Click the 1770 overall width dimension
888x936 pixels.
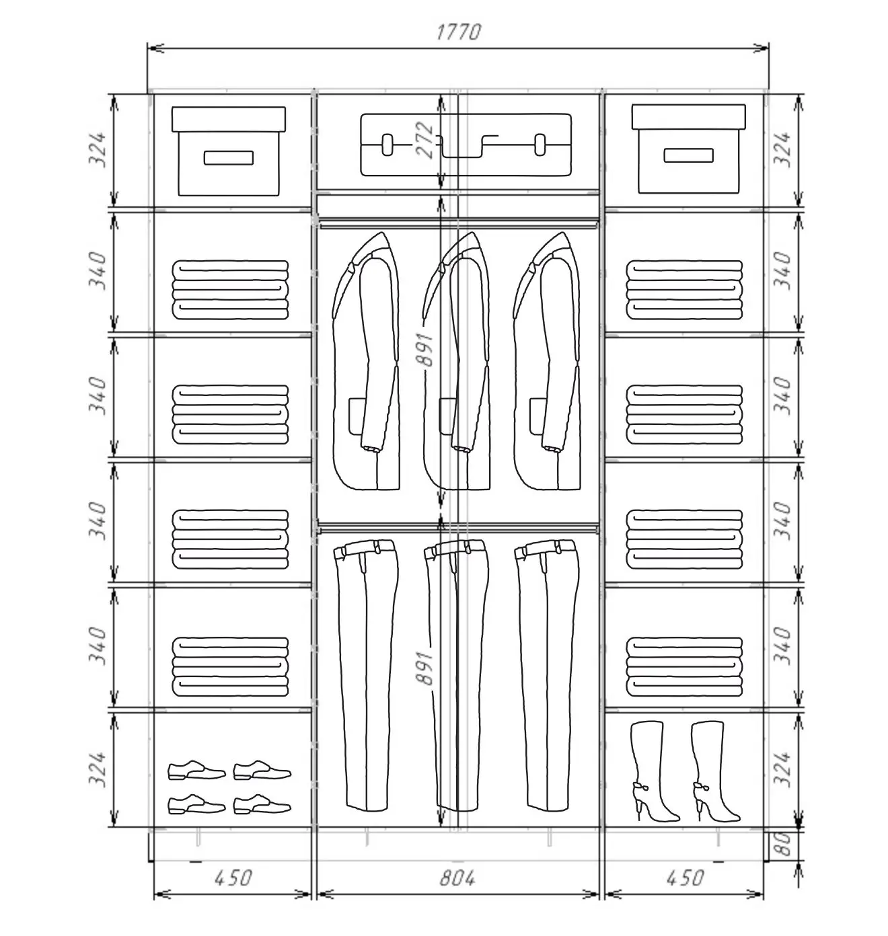click(458, 32)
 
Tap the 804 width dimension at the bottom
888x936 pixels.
click(457, 878)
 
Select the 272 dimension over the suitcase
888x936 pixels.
click(424, 141)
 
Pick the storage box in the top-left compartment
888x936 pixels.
click(229, 151)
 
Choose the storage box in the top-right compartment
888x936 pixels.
click(688, 149)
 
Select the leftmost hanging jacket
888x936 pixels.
click(366, 361)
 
